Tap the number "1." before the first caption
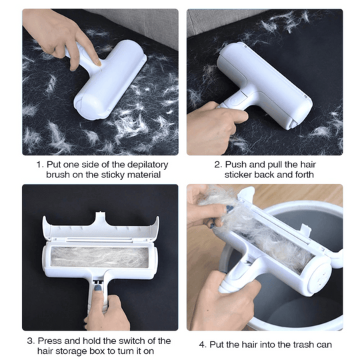[x=39, y=164]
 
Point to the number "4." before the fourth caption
[x=203, y=345]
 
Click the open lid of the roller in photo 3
[x=100, y=227]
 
